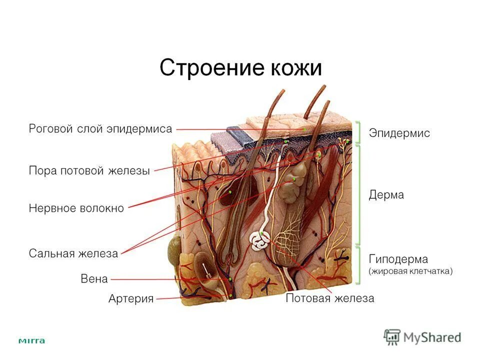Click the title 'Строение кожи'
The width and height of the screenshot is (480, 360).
coord(240,68)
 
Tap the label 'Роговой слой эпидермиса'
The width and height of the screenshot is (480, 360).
coord(100,128)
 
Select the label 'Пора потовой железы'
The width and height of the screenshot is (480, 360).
coord(89,171)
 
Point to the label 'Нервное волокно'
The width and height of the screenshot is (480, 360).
coord(76,208)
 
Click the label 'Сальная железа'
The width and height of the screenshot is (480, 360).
coord(73,253)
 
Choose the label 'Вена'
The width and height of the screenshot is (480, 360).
coord(94,279)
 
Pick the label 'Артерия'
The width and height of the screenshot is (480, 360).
coord(131,299)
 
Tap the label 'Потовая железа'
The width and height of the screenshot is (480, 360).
coord(329,298)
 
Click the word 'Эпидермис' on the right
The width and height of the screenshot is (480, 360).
coord(399,133)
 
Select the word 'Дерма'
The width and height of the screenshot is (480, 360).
coord(386,195)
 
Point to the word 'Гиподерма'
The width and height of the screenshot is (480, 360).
coord(398,259)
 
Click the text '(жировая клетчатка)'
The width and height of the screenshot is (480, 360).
coord(410,271)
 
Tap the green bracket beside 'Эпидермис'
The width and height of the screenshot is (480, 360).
coord(358,132)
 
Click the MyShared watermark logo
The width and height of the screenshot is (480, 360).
coord(422,337)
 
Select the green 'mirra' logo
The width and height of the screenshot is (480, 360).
coord(31,341)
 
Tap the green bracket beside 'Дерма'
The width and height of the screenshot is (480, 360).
coord(358,195)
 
